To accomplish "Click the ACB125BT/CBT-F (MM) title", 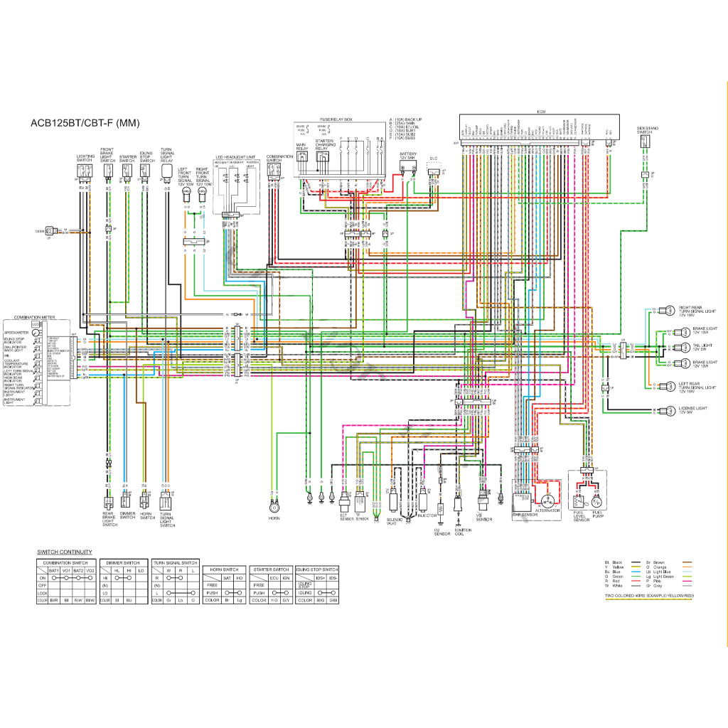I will tap(85, 123).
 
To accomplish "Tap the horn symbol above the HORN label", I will tap(274, 507).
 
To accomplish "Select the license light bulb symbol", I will tap(668, 410).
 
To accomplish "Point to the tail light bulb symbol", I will tap(668, 348).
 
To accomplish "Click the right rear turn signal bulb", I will tap(668, 310).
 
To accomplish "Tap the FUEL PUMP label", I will tap(598, 515).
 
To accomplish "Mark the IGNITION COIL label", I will tap(462, 532).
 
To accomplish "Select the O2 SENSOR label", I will tap(442, 532).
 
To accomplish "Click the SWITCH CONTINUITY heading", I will tap(65, 552).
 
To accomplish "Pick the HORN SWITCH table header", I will tap(224, 569).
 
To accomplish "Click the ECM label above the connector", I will tap(540, 112).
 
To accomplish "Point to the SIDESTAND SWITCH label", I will tap(648, 130).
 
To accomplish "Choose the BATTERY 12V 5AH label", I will tap(408, 156).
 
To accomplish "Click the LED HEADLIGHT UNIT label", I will tap(235, 157).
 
